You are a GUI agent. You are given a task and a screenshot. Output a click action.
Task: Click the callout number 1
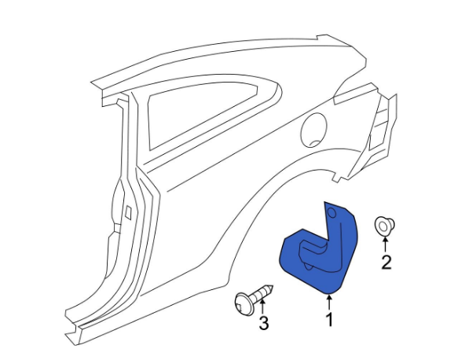[329, 319]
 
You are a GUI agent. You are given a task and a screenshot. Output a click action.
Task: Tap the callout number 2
[387, 262]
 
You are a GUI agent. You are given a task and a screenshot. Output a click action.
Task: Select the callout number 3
[264, 323]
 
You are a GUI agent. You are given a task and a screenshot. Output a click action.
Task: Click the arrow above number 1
[329, 303]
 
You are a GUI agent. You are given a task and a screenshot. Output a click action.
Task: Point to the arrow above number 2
[386, 244]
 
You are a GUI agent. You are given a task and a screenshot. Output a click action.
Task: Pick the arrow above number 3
[262, 307]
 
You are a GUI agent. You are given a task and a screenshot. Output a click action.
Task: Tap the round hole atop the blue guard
[332, 213]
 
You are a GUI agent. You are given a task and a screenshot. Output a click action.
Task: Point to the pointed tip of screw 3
[272, 286]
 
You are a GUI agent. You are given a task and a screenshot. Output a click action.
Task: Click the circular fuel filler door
[313, 130]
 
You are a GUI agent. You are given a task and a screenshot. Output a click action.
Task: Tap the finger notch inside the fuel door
[315, 143]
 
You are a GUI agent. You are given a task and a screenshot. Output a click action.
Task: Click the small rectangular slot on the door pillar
[128, 212]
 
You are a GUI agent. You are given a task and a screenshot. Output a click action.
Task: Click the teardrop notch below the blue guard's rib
[309, 266]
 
